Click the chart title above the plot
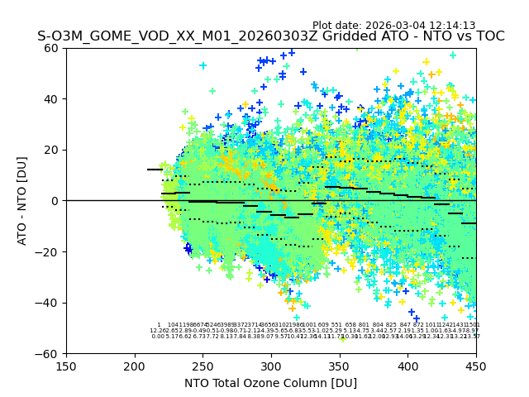pos(270,37)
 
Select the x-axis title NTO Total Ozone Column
pos(270,384)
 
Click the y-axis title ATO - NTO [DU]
pos(22,201)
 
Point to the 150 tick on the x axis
pos(66,366)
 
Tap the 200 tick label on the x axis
pos(135,366)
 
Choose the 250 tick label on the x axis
pos(203,366)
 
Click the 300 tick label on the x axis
pos(271,366)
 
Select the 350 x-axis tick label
pos(339,366)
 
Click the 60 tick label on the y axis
pos(51,48)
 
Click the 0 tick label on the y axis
pos(55,201)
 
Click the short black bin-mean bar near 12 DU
pos(155,170)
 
